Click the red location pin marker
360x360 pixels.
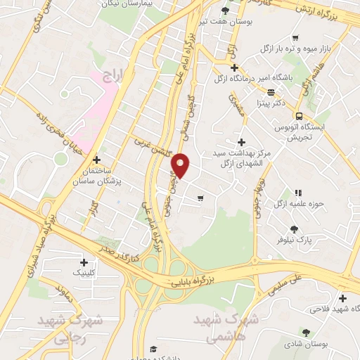pyautogui.click(x=182, y=166)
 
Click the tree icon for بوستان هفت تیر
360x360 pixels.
pyautogui.click(x=225, y=11)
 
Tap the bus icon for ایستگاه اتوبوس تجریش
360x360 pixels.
pyautogui.click(x=300, y=116)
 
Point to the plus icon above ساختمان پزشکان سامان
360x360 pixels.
pyautogui.click(x=97, y=160)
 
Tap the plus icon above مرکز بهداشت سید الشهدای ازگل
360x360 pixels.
pyautogui.click(x=241, y=143)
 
